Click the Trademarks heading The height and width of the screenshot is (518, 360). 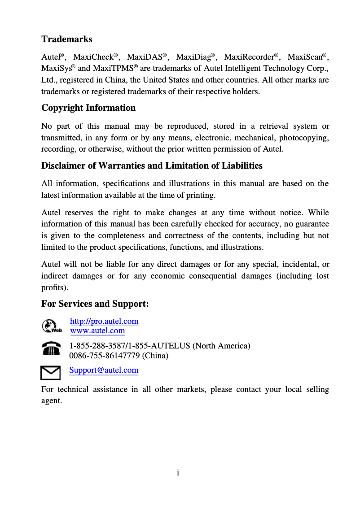point(67,39)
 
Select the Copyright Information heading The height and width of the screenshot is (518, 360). point(88,108)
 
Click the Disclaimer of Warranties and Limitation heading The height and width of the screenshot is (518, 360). point(152,165)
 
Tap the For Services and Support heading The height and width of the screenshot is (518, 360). point(95,304)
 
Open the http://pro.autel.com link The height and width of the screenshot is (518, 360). point(104,321)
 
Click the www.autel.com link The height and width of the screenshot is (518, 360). point(97,331)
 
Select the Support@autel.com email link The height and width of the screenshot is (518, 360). point(104,370)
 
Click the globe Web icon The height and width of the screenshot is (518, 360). point(51,326)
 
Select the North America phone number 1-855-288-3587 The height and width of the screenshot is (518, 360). point(97,346)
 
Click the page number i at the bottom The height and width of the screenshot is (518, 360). point(178,473)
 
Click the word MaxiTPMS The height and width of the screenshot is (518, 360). point(112,69)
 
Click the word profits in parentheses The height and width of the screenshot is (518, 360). point(53,287)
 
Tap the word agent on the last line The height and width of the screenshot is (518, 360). point(50,400)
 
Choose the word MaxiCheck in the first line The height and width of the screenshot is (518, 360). point(93,57)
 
